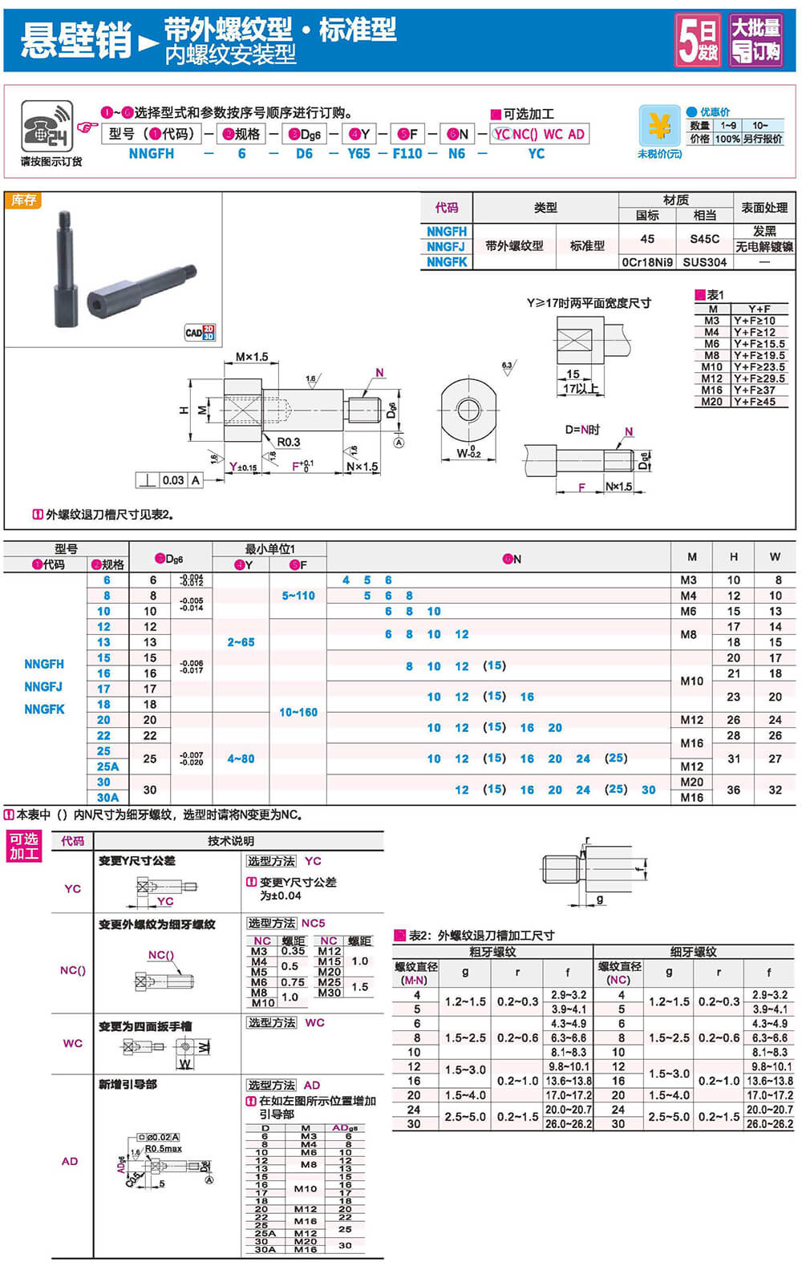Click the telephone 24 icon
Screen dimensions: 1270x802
(x=47, y=127)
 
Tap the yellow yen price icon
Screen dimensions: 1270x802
(x=659, y=126)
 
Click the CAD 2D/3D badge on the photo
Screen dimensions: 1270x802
(x=200, y=332)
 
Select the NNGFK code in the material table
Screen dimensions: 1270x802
(x=446, y=262)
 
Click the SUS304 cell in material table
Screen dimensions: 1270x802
(x=704, y=262)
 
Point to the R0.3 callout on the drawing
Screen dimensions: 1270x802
(x=288, y=442)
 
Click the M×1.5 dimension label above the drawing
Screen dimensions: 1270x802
(x=252, y=357)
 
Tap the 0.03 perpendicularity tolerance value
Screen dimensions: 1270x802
(x=173, y=480)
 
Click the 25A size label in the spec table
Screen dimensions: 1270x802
(x=107, y=766)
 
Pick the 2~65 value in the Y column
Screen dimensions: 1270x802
(x=241, y=642)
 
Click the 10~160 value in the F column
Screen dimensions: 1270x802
(x=298, y=712)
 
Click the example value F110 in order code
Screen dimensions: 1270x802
(x=407, y=154)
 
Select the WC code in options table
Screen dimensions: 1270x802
(x=72, y=1043)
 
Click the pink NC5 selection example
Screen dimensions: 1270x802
(x=313, y=923)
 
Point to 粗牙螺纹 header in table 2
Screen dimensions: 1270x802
(x=492, y=952)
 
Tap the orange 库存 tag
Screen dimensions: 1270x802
(x=23, y=200)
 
